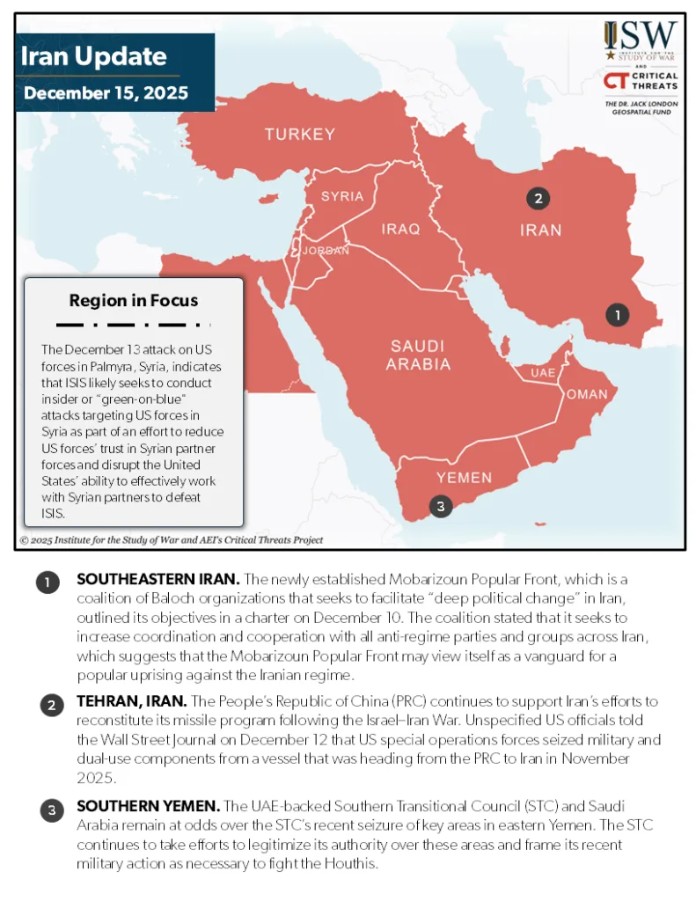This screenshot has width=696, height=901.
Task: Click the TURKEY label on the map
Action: [300, 135]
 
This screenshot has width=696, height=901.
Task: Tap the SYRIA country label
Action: [342, 196]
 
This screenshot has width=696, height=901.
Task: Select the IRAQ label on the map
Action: [400, 229]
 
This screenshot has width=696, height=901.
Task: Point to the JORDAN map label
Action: [326, 251]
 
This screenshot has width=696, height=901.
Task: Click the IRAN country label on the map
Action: [540, 231]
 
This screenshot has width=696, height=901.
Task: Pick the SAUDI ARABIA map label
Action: [418, 355]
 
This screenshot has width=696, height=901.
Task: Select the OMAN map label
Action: [587, 394]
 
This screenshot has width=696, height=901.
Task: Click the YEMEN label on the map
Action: [464, 477]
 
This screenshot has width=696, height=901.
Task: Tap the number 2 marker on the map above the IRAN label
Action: [538, 198]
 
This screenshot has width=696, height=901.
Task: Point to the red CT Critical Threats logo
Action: [615, 82]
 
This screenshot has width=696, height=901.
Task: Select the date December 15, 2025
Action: [106, 92]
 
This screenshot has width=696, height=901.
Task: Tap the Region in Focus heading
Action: [134, 300]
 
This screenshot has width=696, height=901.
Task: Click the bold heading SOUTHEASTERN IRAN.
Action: [158, 579]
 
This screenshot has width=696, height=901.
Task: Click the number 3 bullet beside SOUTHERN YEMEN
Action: [52, 810]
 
